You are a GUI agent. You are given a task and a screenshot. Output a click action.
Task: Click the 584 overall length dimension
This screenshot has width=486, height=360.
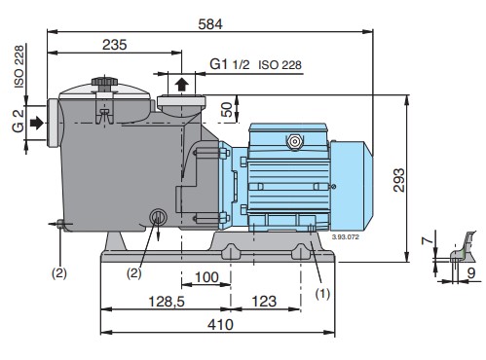pos(210,24)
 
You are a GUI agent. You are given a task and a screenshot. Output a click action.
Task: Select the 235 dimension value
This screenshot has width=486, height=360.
pos(115,45)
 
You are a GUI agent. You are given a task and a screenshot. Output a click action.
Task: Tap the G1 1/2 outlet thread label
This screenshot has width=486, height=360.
pos(230,64)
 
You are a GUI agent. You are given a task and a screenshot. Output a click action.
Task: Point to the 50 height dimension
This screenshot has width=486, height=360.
pos(227,109)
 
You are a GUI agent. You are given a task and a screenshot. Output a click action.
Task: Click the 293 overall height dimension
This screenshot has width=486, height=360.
pos(399,180)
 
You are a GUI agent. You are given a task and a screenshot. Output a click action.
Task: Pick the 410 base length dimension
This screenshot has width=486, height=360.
pos(220,324)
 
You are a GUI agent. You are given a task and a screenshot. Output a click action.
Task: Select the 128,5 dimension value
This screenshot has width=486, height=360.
pos(167,302)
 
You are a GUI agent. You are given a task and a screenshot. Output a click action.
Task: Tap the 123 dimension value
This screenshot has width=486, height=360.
pos(264,302)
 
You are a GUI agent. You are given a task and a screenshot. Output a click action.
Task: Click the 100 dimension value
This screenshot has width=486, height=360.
pos(206,277)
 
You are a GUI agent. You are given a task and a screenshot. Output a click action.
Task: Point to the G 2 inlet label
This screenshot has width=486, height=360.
pos(19,121)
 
